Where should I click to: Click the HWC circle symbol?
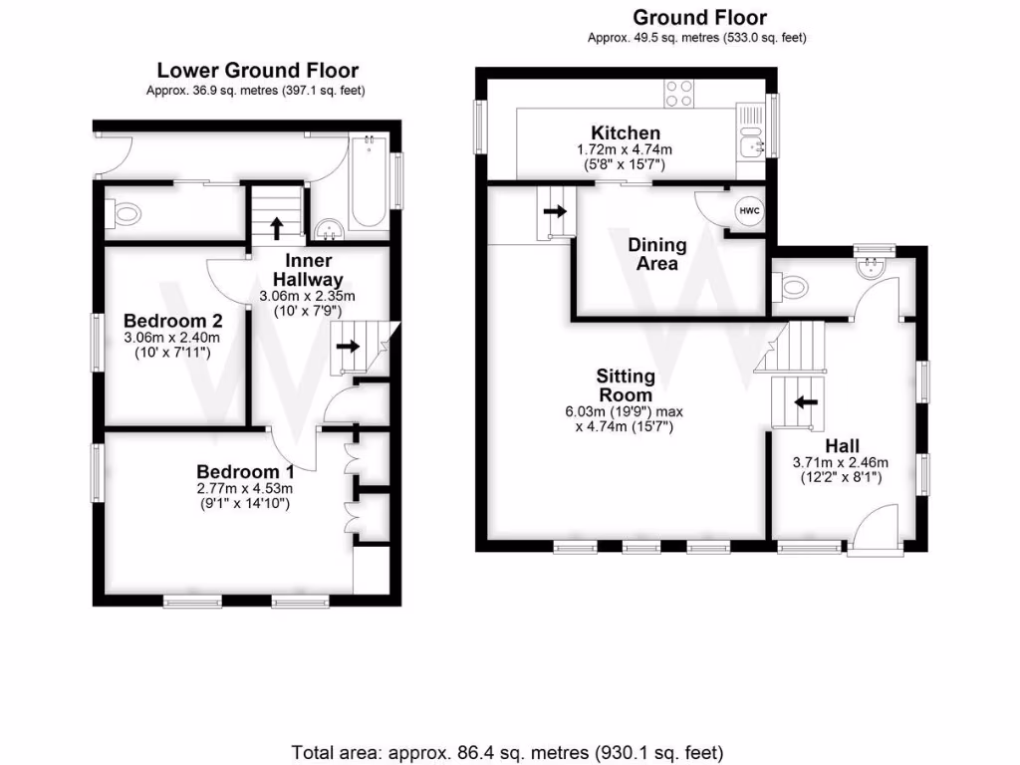point(747,211)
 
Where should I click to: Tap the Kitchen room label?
point(625,132)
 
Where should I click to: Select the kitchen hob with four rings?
point(678,93)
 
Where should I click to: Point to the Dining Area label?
point(656,254)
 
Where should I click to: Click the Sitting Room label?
point(626,385)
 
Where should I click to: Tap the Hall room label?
point(841,445)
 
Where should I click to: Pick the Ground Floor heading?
point(700,18)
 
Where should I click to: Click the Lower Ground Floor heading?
point(257,71)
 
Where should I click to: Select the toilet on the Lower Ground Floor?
point(125,211)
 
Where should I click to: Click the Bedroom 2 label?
point(172,321)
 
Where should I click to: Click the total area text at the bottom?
point(508,751)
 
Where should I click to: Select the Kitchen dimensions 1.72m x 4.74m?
point(625,149)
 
